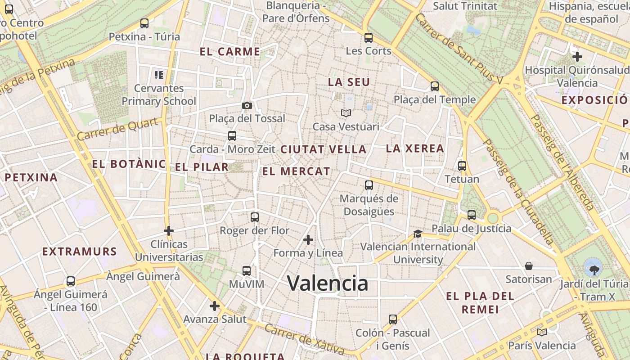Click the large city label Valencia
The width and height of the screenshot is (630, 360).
pos(328,283)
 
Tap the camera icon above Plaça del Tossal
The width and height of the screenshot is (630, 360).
pos(247,106)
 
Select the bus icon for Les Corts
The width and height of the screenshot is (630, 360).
pos(369,38)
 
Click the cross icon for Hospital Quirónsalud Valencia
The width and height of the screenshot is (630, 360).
pos(577,57)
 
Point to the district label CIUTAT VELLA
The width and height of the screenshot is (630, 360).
pos(323,149)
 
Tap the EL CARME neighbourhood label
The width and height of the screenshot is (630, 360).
pos(230,52)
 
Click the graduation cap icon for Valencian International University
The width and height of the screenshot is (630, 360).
pos(418,234)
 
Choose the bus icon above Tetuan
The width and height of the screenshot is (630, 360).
pos(462,166)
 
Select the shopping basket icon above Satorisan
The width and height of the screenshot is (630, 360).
pos(529,266)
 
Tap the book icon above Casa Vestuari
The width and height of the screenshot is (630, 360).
pos(346,113)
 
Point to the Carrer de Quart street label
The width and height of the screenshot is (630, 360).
pos(117,129)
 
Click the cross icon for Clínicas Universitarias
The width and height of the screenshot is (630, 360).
pos(169,231)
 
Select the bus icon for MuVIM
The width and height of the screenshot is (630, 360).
pos(247,271)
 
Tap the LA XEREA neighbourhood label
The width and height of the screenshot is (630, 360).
pos(415,148)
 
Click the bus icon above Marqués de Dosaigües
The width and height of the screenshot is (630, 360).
pos(369,185)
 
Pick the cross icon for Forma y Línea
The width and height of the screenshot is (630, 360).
pos(308,240)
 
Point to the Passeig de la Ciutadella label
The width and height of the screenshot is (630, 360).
pos(517,191)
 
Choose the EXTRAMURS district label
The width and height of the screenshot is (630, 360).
pos(80,252)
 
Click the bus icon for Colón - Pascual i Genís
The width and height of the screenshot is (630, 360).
pos(393,319)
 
